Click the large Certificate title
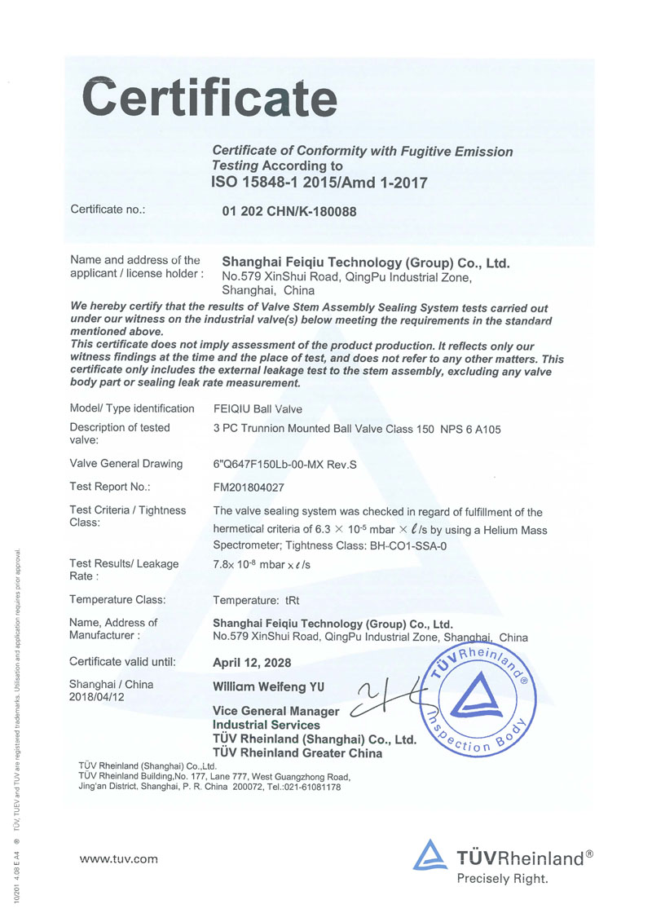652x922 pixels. [x=210, y=98]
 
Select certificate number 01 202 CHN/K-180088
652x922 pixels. [x=289, y=211]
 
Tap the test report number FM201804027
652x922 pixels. [x=252, y=487]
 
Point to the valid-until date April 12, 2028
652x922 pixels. [x=251, y=663]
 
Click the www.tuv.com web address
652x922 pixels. [x=118, y=858]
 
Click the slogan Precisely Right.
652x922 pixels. [x=502, y=879]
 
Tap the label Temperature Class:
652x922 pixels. [x=117, y=599]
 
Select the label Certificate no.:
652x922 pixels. [x=108, y=210]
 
